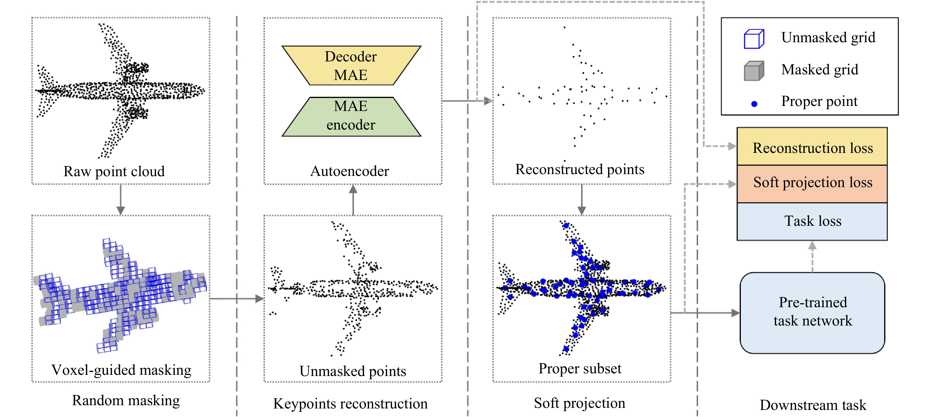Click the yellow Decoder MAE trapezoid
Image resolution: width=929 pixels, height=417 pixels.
click(351, 66)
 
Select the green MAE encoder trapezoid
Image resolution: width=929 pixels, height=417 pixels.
click(351, 117)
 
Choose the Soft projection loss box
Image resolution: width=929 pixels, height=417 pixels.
click(812, 184)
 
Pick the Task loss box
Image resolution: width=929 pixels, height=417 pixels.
click(812, 221)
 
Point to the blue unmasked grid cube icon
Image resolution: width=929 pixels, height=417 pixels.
click(754, 39)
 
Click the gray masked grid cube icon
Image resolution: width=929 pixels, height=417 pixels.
click(754, 71)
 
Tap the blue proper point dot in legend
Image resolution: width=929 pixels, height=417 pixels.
click(754, 104)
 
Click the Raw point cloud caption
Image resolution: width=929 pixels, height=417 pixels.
click(114, 171)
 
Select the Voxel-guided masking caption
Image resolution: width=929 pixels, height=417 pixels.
click(121, 370)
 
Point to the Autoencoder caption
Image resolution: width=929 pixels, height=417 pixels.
click(350, 171)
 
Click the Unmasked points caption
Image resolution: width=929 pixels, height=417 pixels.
click(353, 371)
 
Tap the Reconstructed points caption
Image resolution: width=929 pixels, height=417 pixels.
click(580, 169)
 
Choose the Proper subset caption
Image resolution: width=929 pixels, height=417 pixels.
click(580, 368)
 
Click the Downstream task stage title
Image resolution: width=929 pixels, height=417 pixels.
click(813, 405)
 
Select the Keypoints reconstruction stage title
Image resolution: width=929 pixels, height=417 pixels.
click(350, 403)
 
